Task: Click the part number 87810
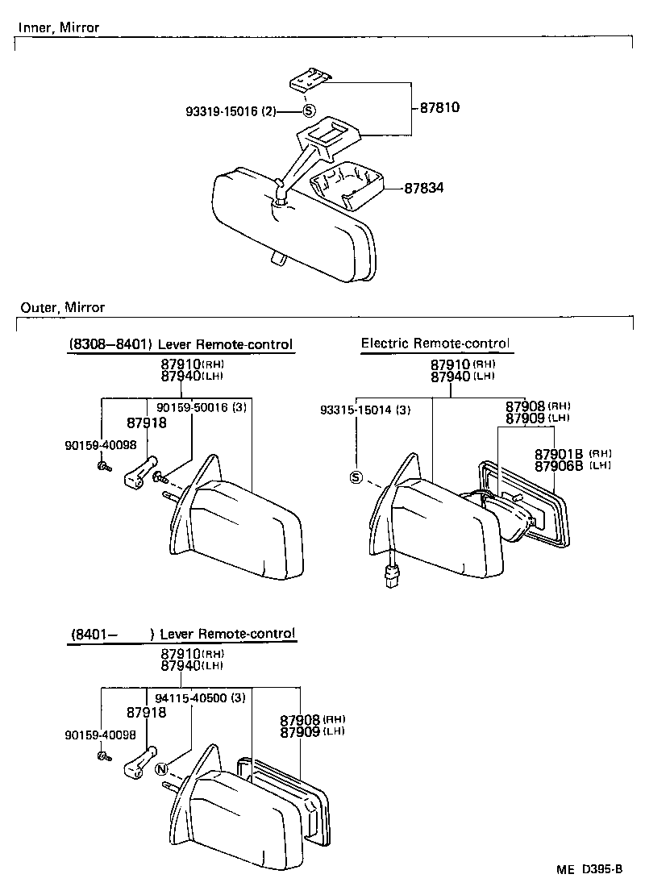tap(439, 107)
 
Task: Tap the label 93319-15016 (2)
tap(228, 112)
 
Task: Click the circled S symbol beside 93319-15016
tap(310, 112)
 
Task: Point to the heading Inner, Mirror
tap(58, 28)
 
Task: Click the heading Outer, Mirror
tap(62, 308)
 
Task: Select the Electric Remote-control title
tap(435, 343)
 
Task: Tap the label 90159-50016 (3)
tap(202, 409)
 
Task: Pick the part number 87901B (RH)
tap(572, 454)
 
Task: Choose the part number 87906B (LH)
tap(572, 465)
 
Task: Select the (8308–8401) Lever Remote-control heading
tap(181, 345)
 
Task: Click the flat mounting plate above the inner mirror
tap(309, 82)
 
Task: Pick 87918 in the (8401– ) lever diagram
tap(146, 713)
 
